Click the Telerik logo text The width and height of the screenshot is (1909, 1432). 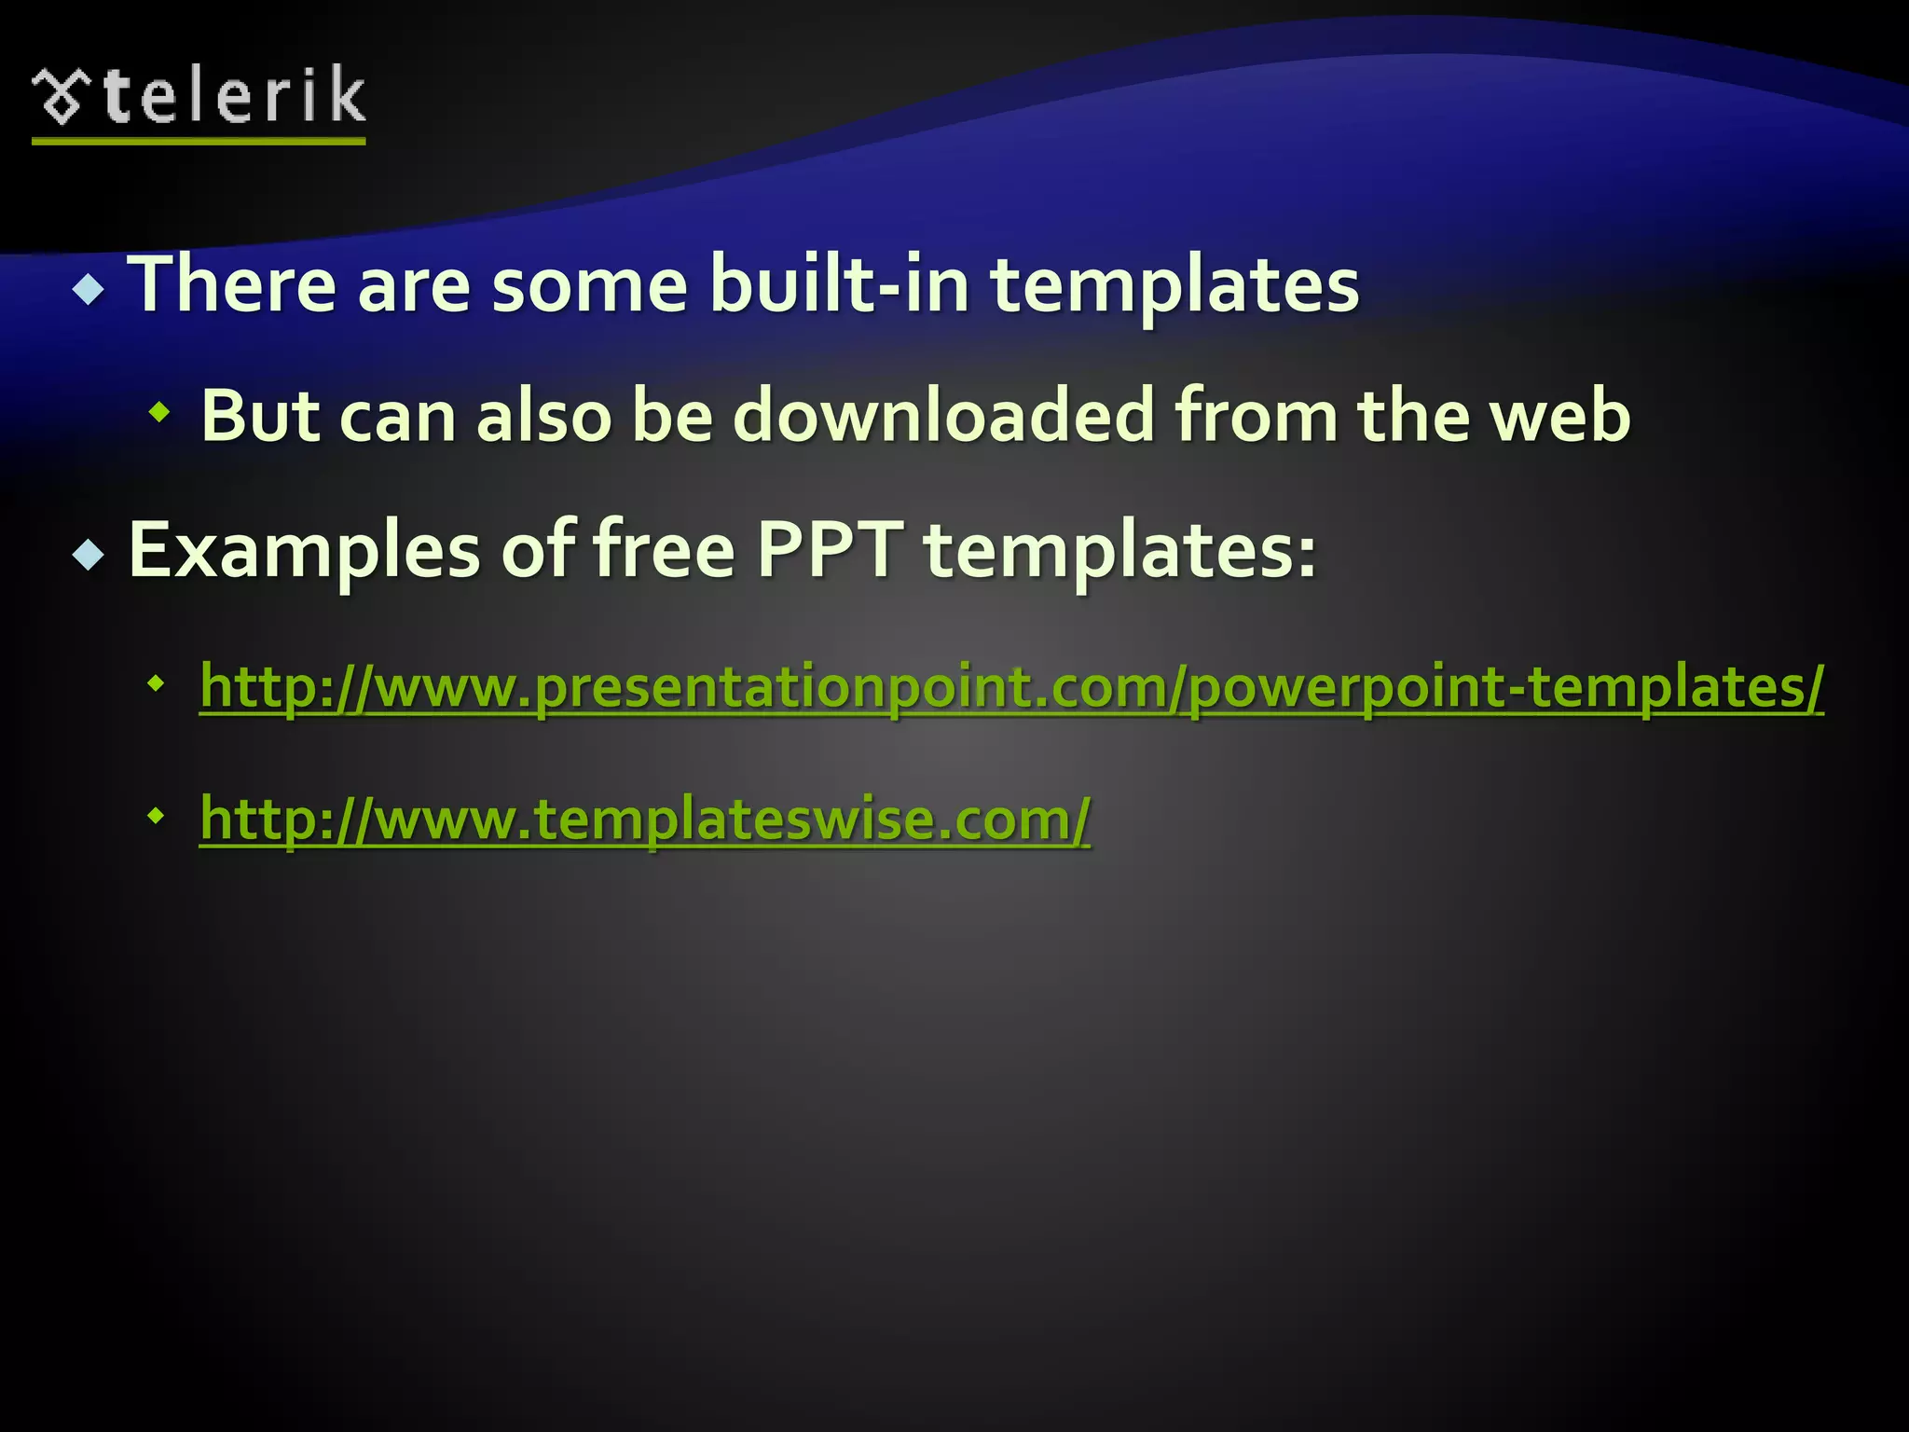tap(233, 96)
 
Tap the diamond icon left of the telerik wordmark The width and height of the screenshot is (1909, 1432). tap(62, 96)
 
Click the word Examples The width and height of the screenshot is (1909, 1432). tap(304, 551)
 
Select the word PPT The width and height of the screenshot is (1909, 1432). tap(830, 550)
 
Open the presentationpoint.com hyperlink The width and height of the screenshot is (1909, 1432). tap(1011, 688)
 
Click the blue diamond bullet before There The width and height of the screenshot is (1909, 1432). tap(89, 290)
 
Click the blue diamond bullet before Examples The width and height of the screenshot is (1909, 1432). tap(89, 556)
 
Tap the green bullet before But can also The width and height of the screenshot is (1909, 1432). tap(159, 410)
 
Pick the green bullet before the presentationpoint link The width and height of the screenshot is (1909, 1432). tap(156, 684)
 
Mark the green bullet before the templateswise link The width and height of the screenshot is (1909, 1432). tap(156, 817)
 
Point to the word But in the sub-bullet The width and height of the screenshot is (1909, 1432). tap(258, 416)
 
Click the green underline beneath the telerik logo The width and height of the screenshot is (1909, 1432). tap(198, 141)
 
